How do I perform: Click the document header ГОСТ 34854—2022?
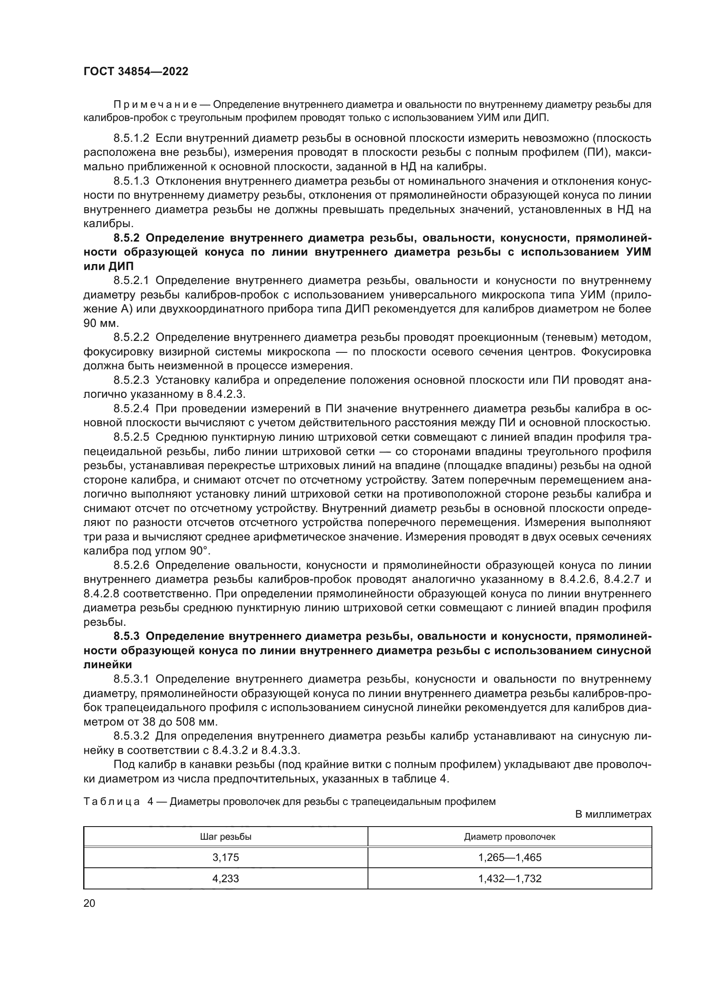coord(136,72)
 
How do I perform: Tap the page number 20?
coord(89,903)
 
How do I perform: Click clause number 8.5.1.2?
coord(131,138)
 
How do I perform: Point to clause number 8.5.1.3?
coord(131,181)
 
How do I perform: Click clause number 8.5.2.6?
coord(131,565)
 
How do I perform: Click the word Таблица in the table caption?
coord(112,802)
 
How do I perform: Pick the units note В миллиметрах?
coord(613,814)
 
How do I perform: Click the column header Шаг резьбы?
coord(226,836)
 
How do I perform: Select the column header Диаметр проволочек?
coord(510,836)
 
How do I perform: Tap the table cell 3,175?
coord(226,857)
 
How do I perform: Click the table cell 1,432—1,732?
coord(510,878)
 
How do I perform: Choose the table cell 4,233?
coord(226,878)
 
